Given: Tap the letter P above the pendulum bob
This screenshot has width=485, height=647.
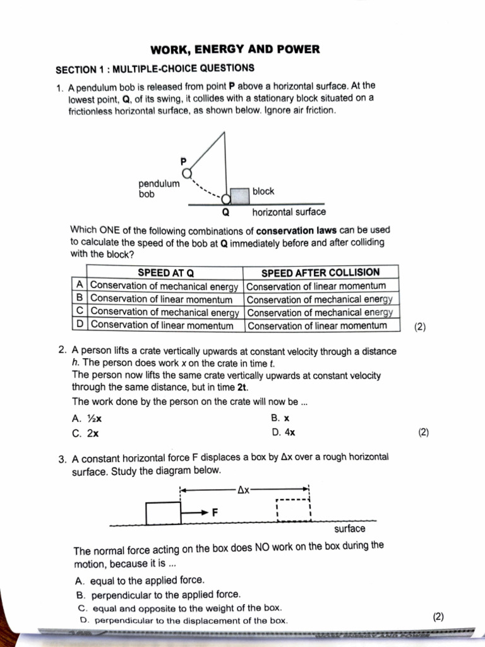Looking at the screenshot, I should [x=184, y=160].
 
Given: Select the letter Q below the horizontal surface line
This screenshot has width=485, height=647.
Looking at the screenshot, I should [x=225, y=212].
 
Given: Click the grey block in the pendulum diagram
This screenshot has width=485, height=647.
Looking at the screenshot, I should [x=239, y=195].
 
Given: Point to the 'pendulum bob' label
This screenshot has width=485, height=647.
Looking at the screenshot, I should [x=159, y=189].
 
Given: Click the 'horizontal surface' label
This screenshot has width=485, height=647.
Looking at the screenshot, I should [x=289, y=212].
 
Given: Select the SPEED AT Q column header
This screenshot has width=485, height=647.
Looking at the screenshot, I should [x=165, y=272].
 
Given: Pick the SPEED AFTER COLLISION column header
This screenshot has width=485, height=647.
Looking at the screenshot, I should [x=321, y=272].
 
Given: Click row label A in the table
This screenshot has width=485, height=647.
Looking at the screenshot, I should [x=80, y=285].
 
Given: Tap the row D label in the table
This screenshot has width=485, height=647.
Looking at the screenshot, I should [x=80, y=325].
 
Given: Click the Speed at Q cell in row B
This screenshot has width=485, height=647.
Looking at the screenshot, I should [x=162, y=299].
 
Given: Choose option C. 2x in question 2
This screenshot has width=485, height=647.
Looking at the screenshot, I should [x=85, y=433].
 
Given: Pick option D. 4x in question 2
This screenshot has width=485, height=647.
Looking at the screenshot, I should [x=283, y=433].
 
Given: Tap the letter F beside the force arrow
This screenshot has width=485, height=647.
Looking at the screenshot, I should [x=215, y=512].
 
